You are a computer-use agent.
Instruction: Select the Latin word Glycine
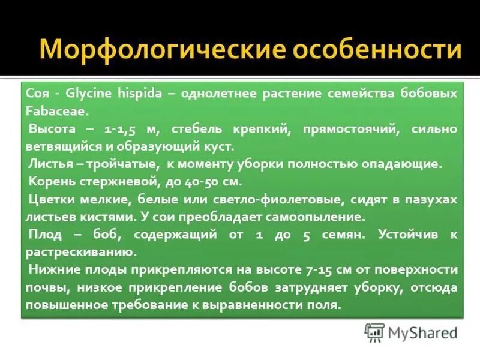coord(89,94)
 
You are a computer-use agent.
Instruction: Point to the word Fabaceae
coord(56,111)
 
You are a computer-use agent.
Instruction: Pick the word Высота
coord(51,129)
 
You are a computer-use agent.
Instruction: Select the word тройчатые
coord(127,164)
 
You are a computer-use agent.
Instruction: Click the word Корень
coord(52,181)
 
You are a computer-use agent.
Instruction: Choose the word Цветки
coord(52,199)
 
